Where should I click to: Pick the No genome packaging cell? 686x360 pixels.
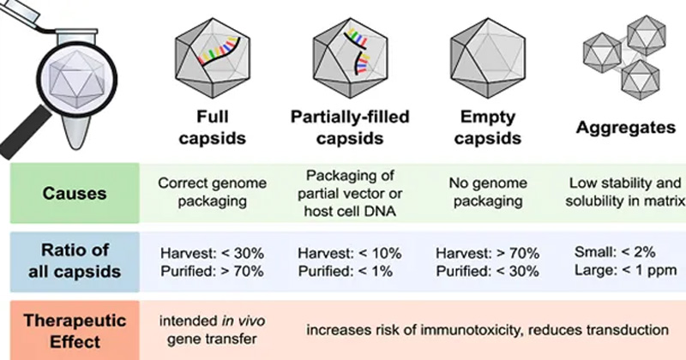(486, 195)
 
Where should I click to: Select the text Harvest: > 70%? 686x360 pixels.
(486, 254)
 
